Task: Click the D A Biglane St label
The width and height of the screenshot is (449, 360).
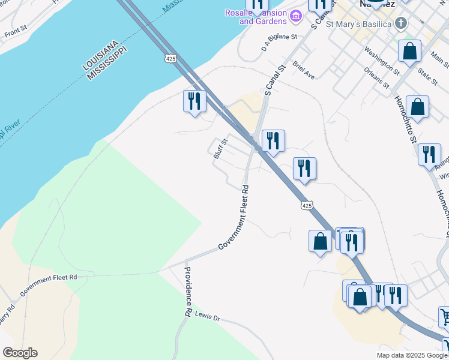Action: [280, 41]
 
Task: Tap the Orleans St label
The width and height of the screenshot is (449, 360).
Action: [377, 79]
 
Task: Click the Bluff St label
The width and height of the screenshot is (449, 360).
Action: [221, 149]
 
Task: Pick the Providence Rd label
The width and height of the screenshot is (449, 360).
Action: [188, 292]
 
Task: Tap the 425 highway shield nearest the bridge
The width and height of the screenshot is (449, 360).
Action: [170, 58]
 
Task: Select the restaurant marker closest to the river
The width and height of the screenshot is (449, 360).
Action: [194, 101]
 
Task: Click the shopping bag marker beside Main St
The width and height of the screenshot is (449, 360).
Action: [410, 52]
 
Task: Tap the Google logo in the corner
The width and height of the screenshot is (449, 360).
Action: [20, 353]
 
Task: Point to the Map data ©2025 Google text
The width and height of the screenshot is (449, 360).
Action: [411, 355]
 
